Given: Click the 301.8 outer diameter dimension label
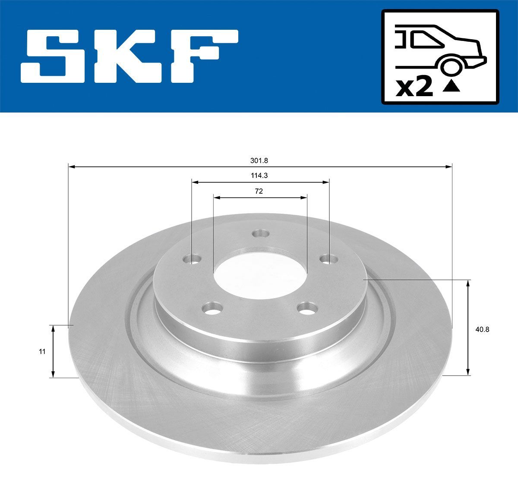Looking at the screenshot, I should pos(259,160).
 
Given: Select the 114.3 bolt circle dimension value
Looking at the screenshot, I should pos(259,176).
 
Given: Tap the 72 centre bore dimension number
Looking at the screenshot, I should pos(259,191).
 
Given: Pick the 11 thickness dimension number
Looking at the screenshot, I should pos(41,351).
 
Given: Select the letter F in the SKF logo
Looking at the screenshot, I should pos(203,56).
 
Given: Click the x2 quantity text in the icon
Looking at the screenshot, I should pos(415,88).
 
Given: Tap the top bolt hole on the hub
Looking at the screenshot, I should pos(261,234).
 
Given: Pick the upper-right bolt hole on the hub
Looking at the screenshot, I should pos(328,259).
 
